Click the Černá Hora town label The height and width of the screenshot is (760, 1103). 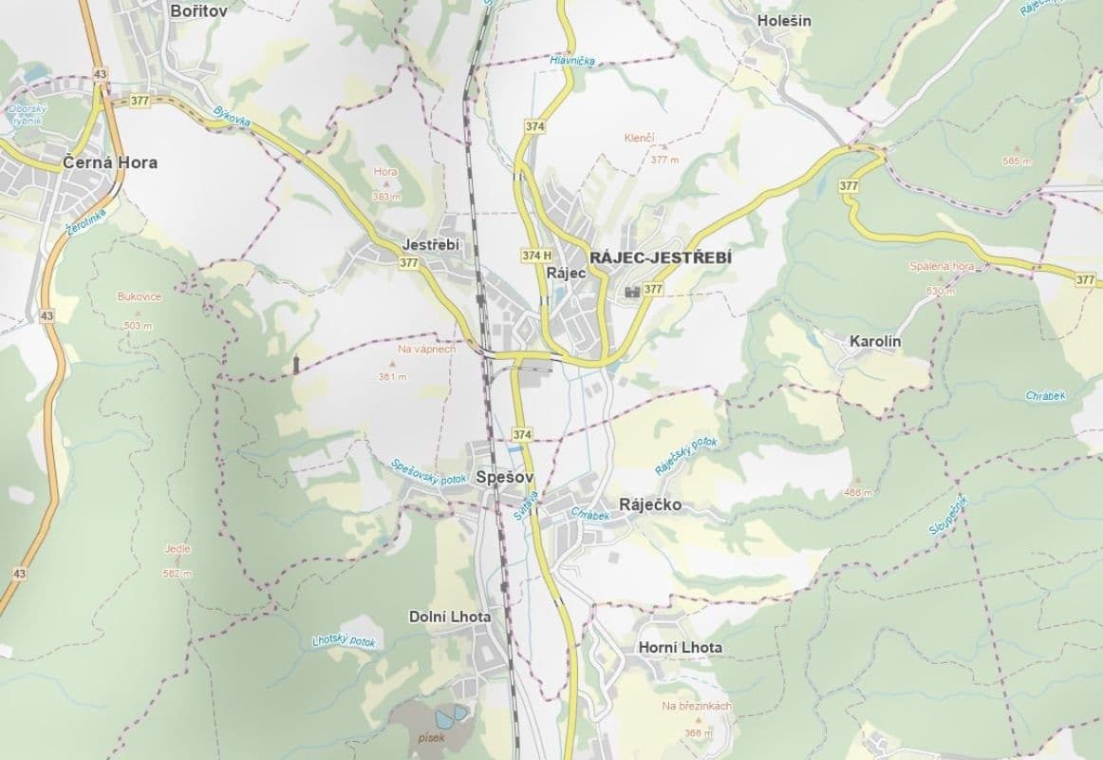point(110,162)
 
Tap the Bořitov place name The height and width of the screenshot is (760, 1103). point(199,11)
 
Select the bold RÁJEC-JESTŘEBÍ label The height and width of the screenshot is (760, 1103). point(661,257)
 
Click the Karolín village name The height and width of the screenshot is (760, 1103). point(875,341)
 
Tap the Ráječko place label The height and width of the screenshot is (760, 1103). point(649,504)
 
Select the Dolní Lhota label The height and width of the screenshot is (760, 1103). point(450,617)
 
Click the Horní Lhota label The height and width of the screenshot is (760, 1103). point(676,648)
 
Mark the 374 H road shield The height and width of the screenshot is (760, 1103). point(536,255)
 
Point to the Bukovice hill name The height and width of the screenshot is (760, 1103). point(140,297)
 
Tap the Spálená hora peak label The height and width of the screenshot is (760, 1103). point(943,267)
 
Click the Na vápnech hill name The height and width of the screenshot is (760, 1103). point(427,350)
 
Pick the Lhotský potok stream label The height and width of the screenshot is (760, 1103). point(344,641)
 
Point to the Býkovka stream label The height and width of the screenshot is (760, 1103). point(232,118)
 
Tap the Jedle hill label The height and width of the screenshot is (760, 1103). point(178,549)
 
